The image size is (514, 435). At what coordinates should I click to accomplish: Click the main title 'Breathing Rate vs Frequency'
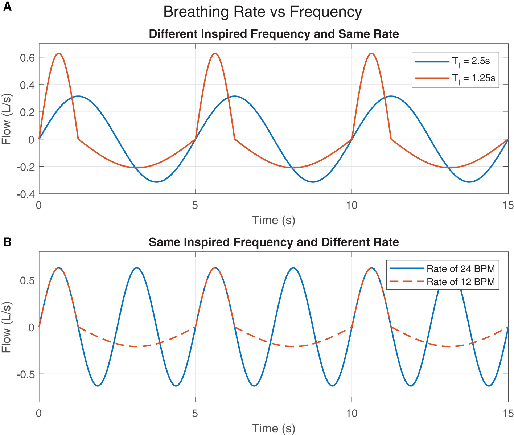[262, 12]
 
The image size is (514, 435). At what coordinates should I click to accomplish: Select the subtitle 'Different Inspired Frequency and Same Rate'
[274, 34]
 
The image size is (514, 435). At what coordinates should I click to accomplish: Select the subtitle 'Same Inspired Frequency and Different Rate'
[274, 242]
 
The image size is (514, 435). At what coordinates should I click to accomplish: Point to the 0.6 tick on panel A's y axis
[27, 57]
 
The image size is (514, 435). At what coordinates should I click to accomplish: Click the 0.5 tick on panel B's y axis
[27, 280]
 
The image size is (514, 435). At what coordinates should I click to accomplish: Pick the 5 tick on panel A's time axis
[195, 205]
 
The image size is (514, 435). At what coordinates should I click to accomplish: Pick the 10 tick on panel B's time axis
[351, 413]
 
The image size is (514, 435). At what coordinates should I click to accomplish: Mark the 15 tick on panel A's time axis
[508, 205]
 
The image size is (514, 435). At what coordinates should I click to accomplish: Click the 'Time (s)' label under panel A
[274, 220]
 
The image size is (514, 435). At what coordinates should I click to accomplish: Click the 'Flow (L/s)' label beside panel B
[7, 327]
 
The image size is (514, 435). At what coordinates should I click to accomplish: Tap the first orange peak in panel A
[58, 53]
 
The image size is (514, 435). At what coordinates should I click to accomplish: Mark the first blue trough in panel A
[156, 182]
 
